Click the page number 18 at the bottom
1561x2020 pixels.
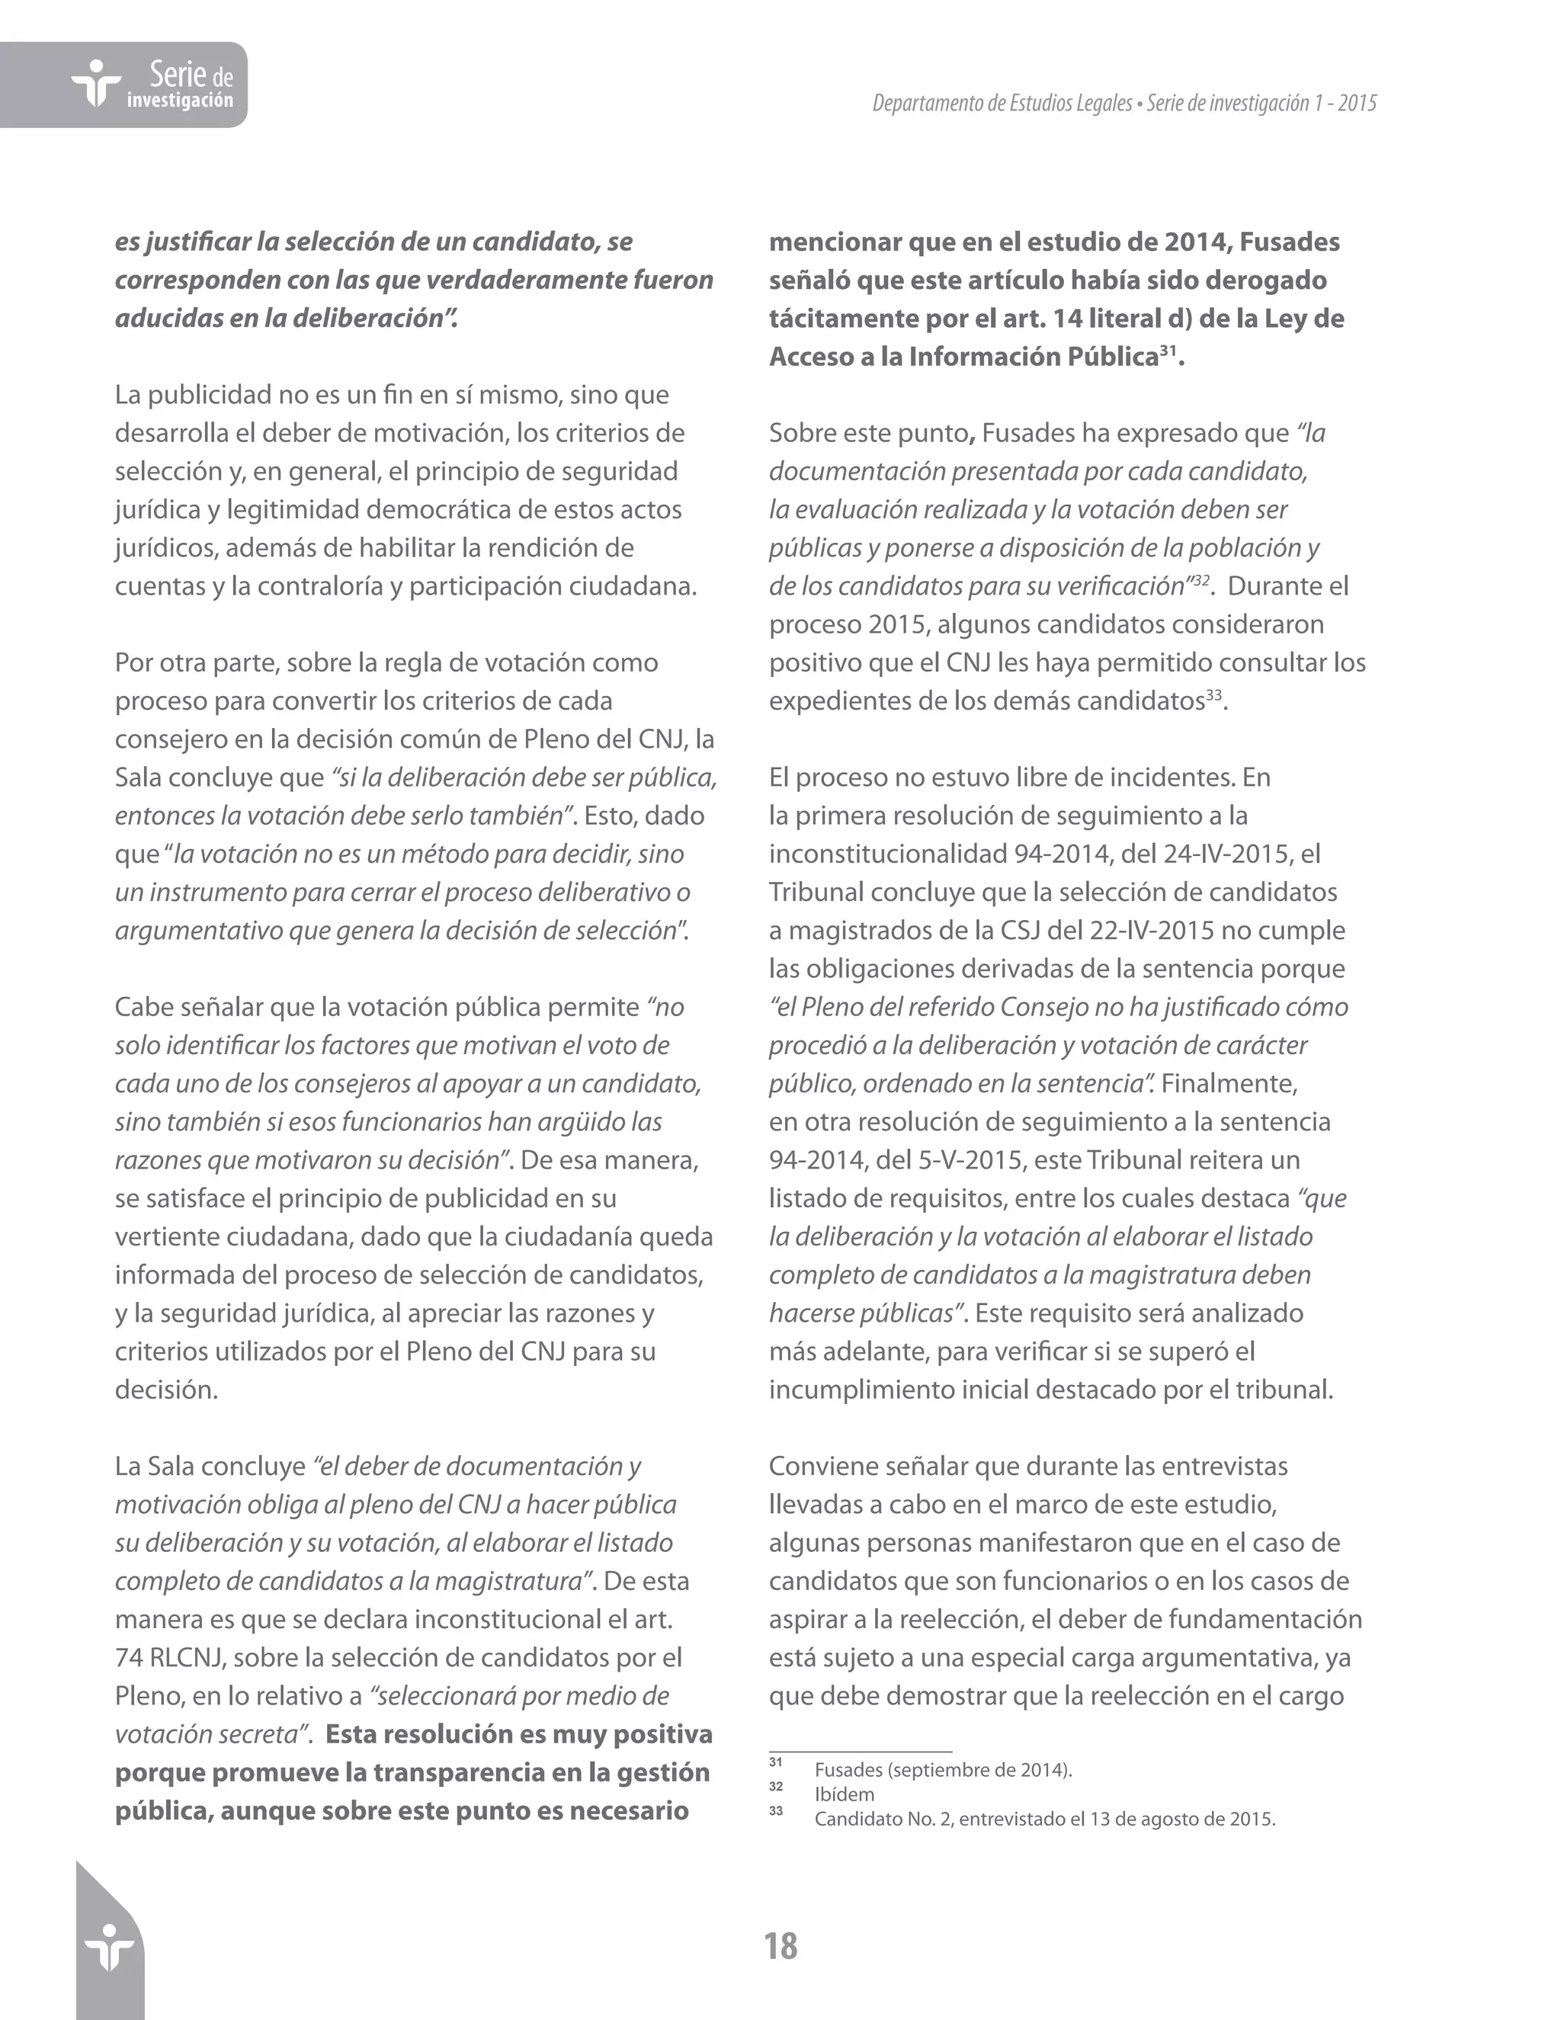point(780,1945)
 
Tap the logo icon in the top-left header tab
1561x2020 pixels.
point(95,84)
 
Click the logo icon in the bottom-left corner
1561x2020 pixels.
point(109,1948)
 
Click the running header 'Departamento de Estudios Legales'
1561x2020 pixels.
point(1002,104)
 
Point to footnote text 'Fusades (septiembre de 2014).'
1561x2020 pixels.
point(944,1770)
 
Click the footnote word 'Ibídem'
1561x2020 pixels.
point(844,1794)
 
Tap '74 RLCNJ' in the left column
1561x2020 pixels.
point(169,1657)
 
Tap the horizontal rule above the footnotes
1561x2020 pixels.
point(860,1751)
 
